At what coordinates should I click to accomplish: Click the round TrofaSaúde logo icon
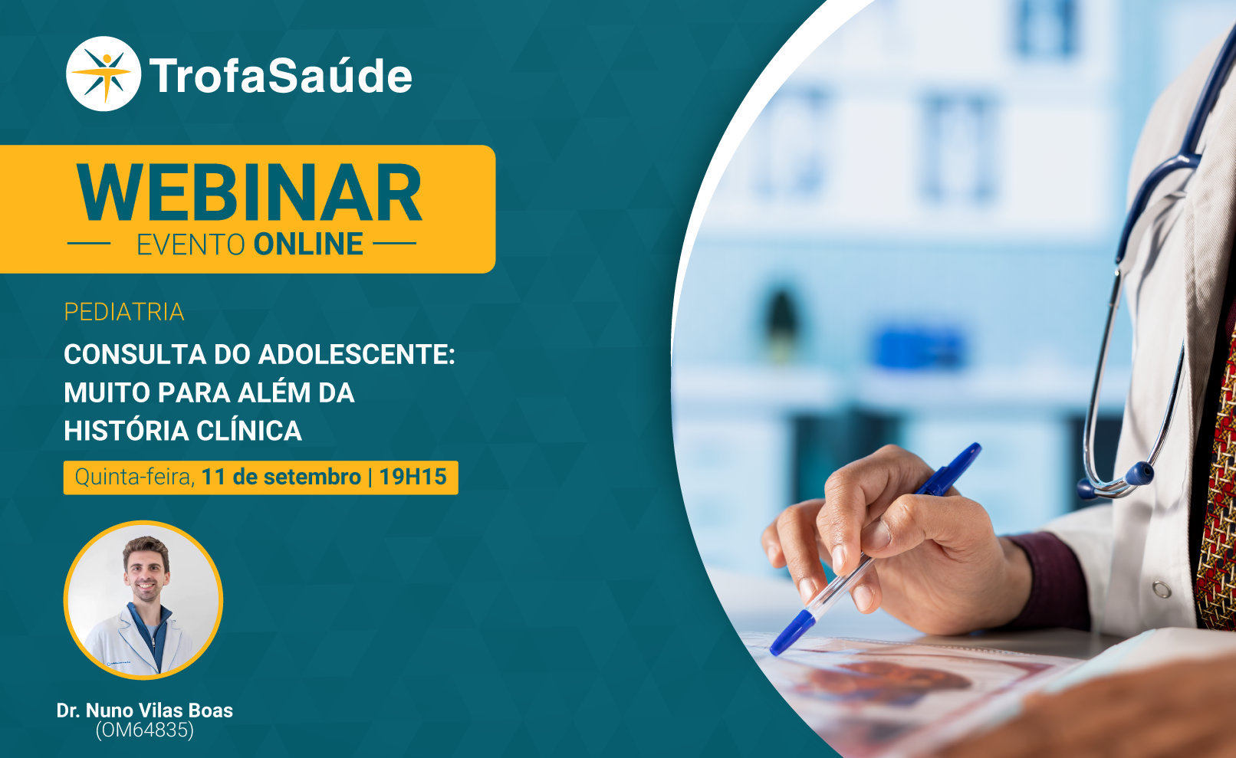pos(104,74)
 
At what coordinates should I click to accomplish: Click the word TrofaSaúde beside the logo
pos(281,75)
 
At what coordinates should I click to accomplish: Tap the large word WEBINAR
pos(249,192)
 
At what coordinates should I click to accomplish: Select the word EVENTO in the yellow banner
pos(190,244)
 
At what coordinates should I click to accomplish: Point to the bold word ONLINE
pos(308,244)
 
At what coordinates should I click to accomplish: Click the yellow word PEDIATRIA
pos(123,312)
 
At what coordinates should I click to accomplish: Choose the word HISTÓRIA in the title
pos(126,431)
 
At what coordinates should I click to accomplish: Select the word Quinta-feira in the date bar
pos(135,477)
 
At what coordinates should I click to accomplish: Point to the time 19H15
pos(413,477)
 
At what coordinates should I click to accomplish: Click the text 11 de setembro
pos(281,477)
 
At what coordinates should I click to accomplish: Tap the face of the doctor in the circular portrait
pos(146,571)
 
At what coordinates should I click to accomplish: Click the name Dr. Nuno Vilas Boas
pos(145,710)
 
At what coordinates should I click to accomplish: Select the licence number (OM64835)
pos(145,730)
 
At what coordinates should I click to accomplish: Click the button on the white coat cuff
pos(1162,589)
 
